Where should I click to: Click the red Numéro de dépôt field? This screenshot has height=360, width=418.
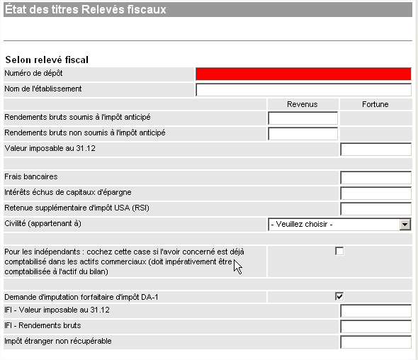pos(303,74)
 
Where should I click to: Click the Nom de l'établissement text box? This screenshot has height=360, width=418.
pos(303,89)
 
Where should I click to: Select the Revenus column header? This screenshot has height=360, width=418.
pos(303,104)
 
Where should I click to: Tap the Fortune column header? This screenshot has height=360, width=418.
pos(375,104)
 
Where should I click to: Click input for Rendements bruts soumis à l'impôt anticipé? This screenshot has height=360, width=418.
pos(303,118)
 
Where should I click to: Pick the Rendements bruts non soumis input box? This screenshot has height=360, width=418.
pos(303,134)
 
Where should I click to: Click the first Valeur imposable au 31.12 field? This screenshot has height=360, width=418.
pos(376,149)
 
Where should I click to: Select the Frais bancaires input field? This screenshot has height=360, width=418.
pos(376,178)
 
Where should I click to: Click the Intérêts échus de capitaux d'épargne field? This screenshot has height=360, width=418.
pos(376,193)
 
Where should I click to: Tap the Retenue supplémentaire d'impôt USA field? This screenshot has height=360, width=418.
pos(376,208)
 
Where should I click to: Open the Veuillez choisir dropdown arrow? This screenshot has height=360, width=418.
pos(405,225)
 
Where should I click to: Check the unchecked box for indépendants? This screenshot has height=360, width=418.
pos(339,251)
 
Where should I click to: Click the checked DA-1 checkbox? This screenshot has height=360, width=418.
pos(339,296)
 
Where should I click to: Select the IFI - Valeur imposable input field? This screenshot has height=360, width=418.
pos(376,310)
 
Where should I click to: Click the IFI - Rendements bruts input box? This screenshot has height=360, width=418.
pos(376,326)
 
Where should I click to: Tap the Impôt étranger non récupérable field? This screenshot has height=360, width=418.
pos(376,342)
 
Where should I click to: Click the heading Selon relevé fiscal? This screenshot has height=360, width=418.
pos(47,60)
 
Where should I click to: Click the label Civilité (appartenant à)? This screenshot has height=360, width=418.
pos(43,223)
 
